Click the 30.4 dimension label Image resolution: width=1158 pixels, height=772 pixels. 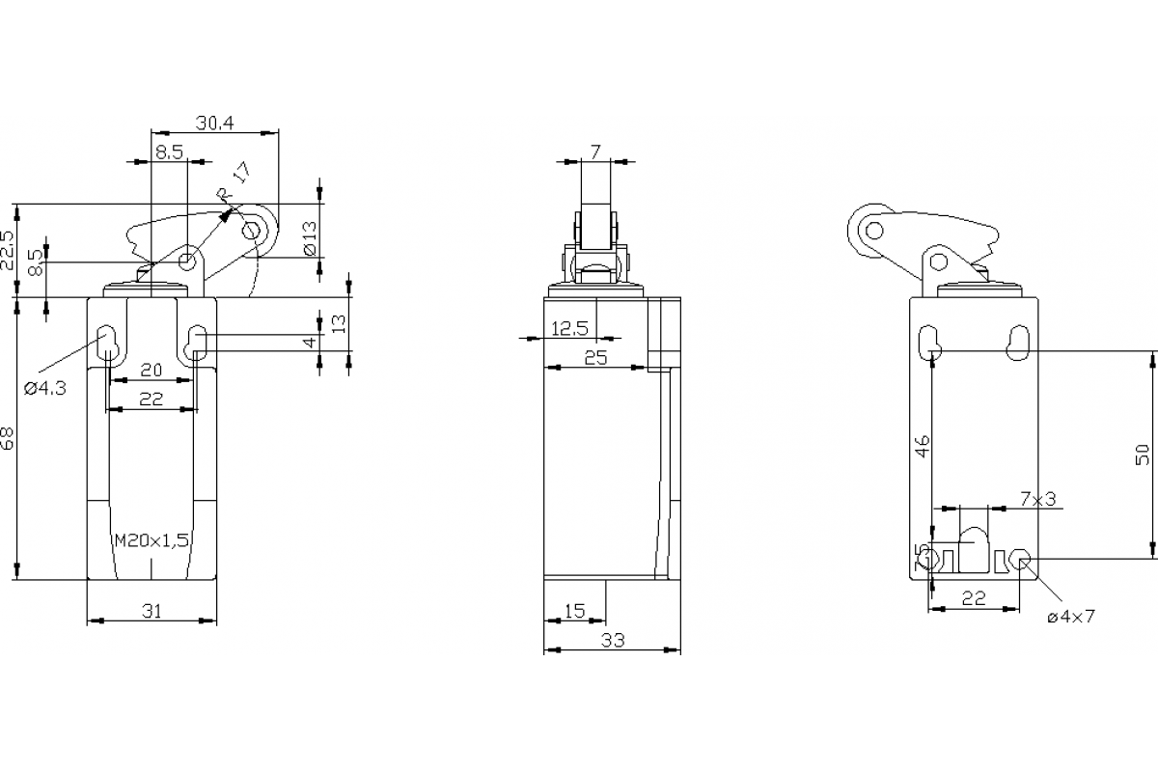click(216, 123)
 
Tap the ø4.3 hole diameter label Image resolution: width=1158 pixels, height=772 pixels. click(44, 388)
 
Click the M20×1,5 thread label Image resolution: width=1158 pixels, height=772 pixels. click(151, 541)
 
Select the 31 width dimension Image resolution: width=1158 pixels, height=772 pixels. click(151, 610)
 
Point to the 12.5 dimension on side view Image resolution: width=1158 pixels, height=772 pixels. click(569, 329)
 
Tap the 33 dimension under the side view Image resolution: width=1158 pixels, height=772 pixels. click(612, 640)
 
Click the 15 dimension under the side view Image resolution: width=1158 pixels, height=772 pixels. click(574, 610)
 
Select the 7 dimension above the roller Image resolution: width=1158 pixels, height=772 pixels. click(595, 152)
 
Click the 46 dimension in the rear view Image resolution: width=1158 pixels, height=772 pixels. click(923, 446)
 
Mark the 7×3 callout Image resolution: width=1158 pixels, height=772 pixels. click(1037, 499)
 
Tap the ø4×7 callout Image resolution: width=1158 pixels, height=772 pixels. click(1071, 616)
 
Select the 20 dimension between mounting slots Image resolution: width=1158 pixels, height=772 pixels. click(151, 370)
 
